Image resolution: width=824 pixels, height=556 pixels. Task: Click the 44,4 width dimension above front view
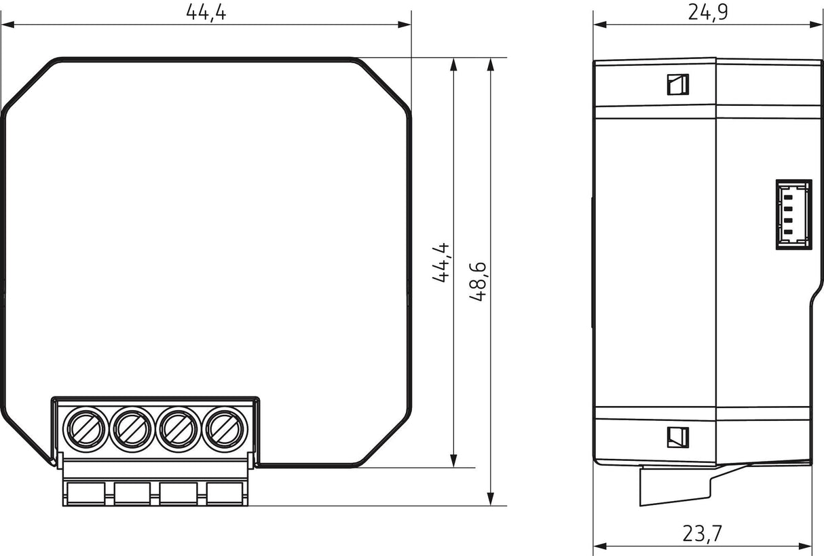[x=206, y=13]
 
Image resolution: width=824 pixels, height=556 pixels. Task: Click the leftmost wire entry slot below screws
[x=86, y=493]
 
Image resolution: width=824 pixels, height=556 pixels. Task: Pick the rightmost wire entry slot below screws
[x=225, y=493]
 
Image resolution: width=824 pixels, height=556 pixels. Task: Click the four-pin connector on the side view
[x=793, y=215]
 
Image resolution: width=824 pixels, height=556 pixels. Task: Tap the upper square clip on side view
[x=677, y=84]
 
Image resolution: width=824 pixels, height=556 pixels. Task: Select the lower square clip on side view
[x=677, y=437]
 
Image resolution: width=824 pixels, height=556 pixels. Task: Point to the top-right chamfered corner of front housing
[x=385, y=86]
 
